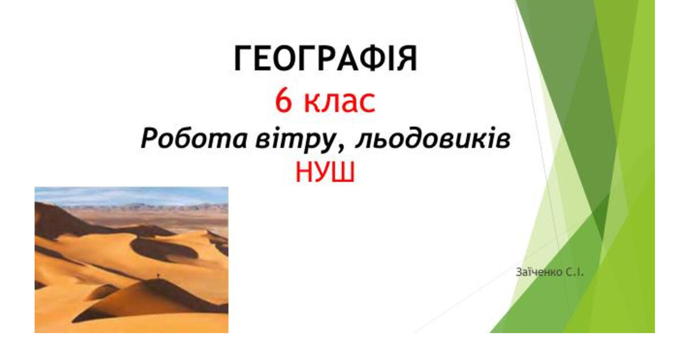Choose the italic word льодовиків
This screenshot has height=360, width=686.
point(433,139)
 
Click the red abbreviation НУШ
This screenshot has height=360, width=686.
point(325,171)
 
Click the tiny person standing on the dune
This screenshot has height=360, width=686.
point(158,277)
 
